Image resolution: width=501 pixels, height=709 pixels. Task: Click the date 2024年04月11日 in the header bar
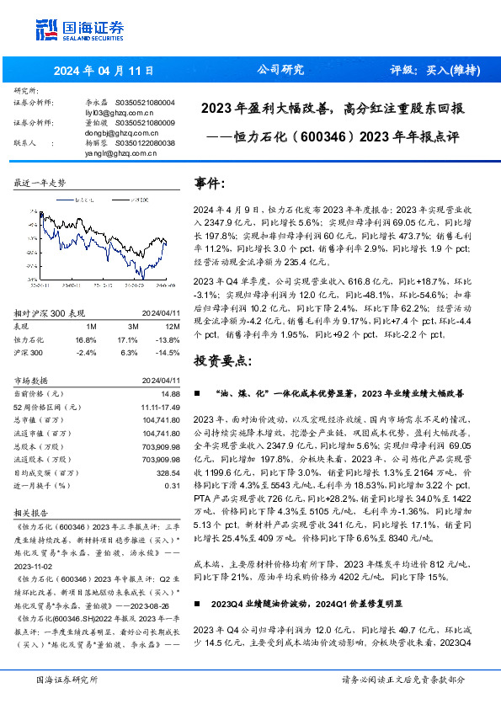pyautogui.click(x=91, y=72)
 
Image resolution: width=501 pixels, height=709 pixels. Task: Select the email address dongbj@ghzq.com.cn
pyautogui.click(x=112, y=133)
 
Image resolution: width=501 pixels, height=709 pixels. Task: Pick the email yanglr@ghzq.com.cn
pyautogui.click(x=112, y=153)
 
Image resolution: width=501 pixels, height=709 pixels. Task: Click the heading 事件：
pyautogui.click(x=210, y=183)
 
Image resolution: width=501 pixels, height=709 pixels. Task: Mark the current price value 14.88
pyautogui.click(x=172, y=392)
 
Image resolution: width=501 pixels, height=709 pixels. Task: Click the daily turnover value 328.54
pyautogui.click(x=169, y=474)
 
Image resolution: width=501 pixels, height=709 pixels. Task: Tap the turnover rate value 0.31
pyautogui.click(x=173, y=486)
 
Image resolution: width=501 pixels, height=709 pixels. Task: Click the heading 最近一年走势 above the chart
pyautogui.click(x=40, y=182)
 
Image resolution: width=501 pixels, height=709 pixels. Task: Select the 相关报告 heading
pyautogui.click(x=30, y=510)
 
